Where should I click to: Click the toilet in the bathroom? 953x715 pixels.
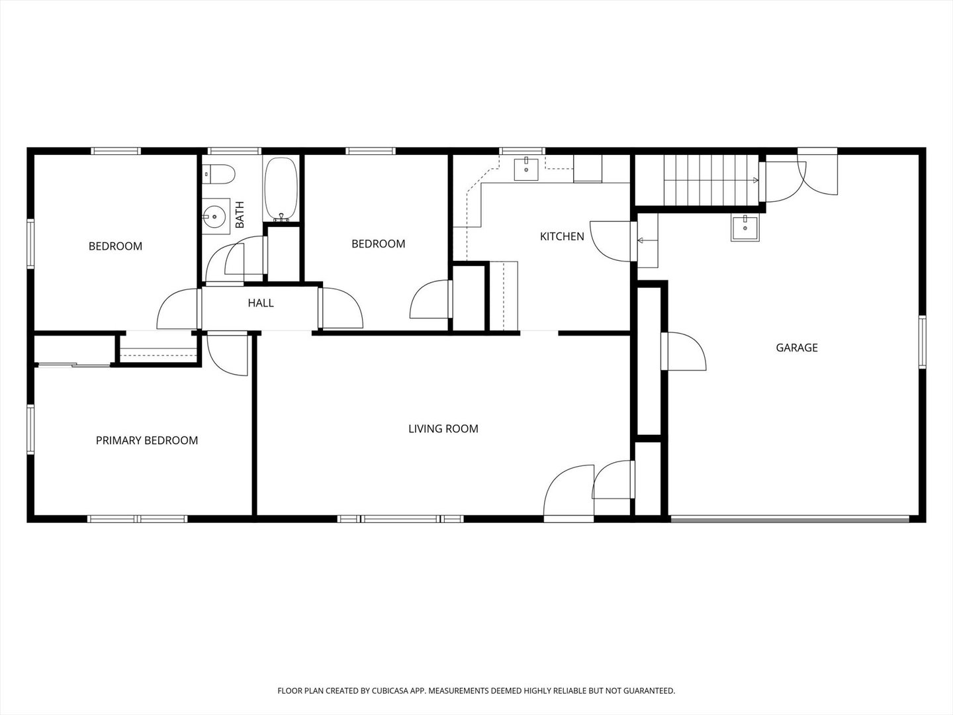(x=218, y=173)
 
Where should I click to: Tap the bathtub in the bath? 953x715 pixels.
(x=281, y=190)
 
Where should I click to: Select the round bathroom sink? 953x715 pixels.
(x=216, y=216)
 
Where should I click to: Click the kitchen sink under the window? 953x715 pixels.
(x=525, y=169)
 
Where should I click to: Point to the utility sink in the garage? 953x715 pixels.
(x=745, y=228)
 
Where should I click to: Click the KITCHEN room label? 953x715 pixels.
(x=562, y=236)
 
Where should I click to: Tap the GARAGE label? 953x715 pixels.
(x=797, y=348)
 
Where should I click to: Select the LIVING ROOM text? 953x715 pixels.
(x=443, y=429)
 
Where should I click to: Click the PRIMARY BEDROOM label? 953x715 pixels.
(x=147, y=441)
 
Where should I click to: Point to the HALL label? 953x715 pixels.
(x=261, y=303)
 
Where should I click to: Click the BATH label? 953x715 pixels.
(x=240, y=215)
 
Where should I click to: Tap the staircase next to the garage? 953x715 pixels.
(x=711, y=180)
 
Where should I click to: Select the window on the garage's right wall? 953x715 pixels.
(x=922, y=342)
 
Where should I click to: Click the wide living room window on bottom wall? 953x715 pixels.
(x=400, y=518)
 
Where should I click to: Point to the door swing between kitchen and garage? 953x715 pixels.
(x=610, y=242)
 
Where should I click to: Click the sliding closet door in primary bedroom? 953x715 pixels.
(x=74, y=365)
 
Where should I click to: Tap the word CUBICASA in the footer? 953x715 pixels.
(x=389, y=691)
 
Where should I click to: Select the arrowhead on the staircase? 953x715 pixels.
(x=756, y=180)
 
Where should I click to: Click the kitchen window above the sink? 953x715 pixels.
(x=522, y=151)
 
